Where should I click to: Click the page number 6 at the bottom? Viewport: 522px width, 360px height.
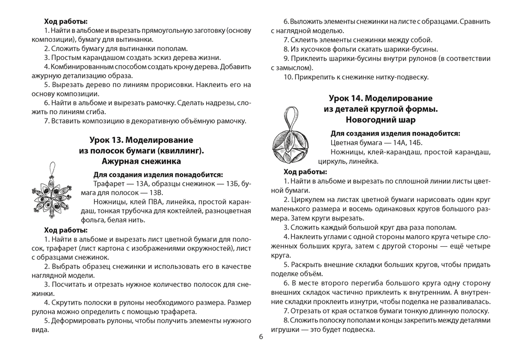click(261, 336)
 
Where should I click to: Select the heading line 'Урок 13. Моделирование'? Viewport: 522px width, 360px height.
click(141, 140)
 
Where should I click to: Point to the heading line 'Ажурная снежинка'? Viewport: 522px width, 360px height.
click(141, 161)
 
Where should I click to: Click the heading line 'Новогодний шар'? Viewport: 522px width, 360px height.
click(381, 120)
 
